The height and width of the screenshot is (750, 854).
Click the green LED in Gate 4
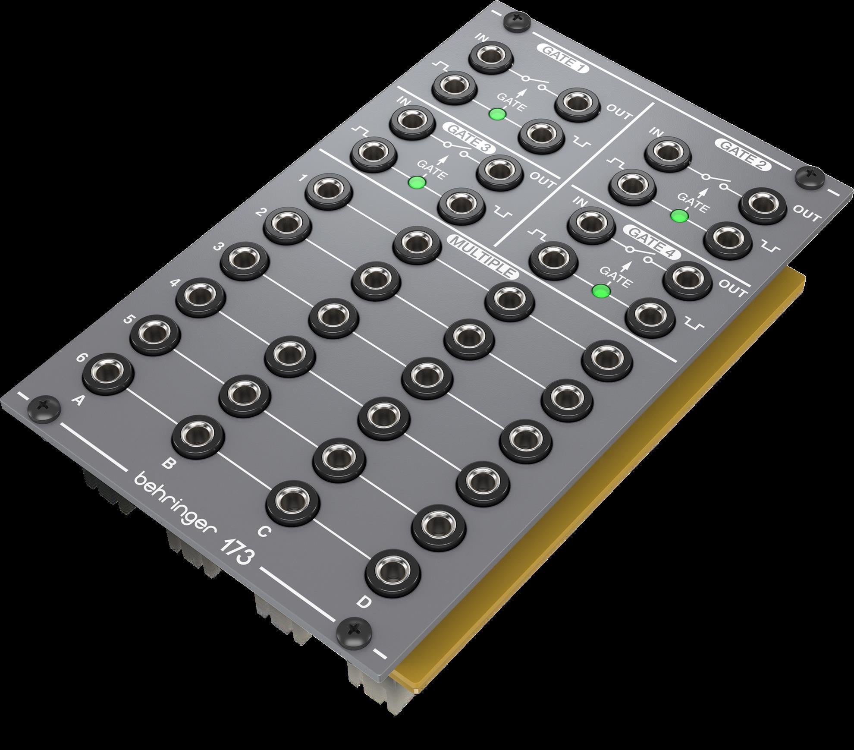601,291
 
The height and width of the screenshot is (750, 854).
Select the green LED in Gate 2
679,216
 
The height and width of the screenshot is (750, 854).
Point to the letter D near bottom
364,602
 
